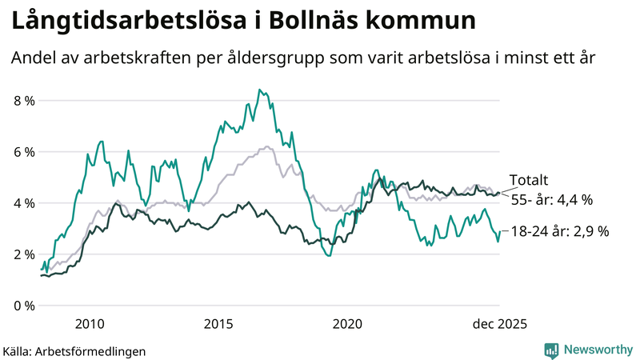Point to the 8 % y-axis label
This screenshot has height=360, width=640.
(x=24, y=101)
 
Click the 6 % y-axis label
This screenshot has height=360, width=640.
(x=24, y=152)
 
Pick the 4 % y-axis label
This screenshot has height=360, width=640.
(x=24, y=203)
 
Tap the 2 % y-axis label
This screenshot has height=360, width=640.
(x=24, y=254)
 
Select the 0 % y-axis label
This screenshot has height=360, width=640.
(x=24, y=306)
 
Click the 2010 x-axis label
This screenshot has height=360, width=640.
(x=89, y=324)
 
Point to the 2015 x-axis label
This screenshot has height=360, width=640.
(x=218, y=324)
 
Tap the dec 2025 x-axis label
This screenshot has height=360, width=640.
(x=498, y=324)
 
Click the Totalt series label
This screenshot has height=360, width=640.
(x=528, y=181)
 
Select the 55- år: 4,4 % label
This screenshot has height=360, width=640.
(x=551, y=199)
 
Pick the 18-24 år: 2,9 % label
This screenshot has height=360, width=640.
(x=560, y=231)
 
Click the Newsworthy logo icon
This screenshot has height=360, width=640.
(x=551, y=350)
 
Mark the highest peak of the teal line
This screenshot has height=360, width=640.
(x=258, y=90)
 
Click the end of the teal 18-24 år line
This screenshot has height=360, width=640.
(x=499, y=232)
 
